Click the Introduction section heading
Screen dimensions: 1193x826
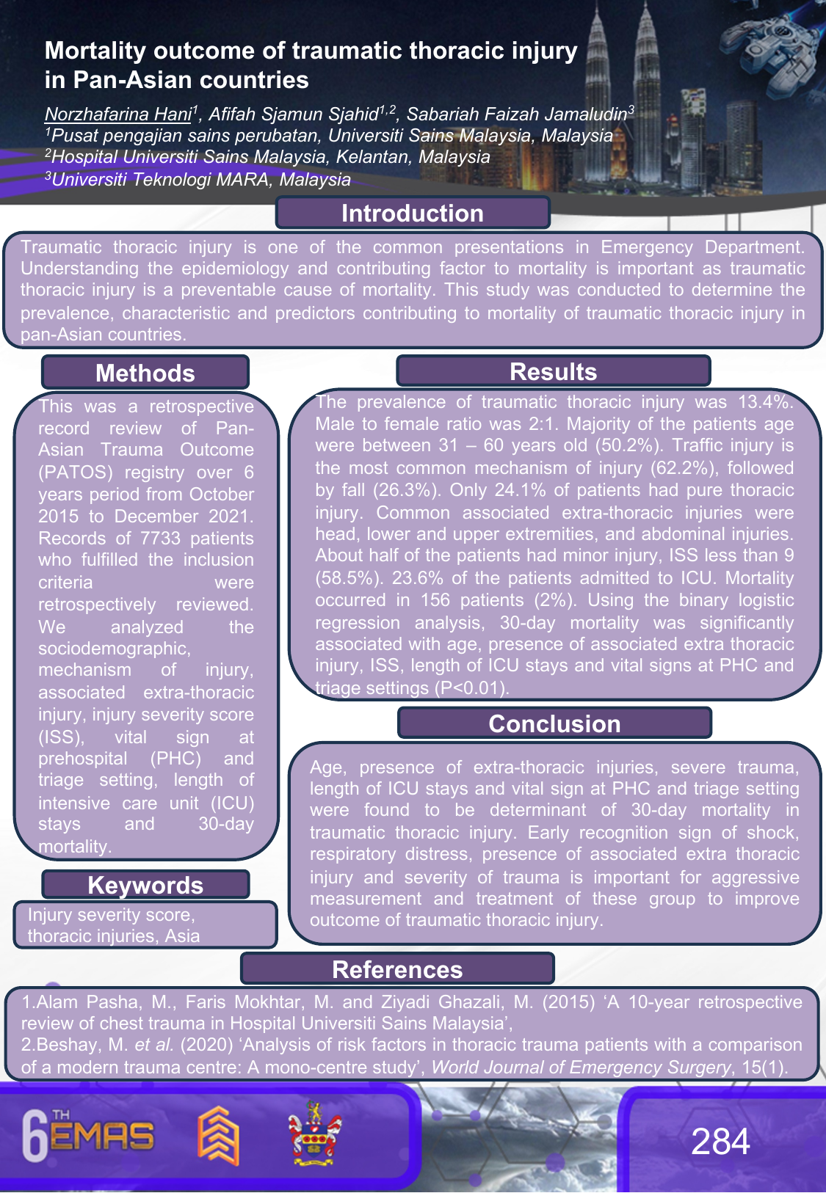[413, 214]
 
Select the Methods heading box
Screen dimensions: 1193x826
[145, 373]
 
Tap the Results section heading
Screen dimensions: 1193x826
[553, 371]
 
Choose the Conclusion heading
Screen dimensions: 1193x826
[554, 723]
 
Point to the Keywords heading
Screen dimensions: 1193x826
[145, 885]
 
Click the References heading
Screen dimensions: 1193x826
[397, 969]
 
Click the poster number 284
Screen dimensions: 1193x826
[720, 1142]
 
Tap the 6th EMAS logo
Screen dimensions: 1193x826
[88, 1136]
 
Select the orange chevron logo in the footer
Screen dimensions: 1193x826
[218, 1135]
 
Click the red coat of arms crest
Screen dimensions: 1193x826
[314, 1134]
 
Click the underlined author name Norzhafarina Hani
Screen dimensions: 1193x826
[117, 114]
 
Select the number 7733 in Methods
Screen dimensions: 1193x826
[160, 539]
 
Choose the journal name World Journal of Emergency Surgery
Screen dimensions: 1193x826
[581, 1068]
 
